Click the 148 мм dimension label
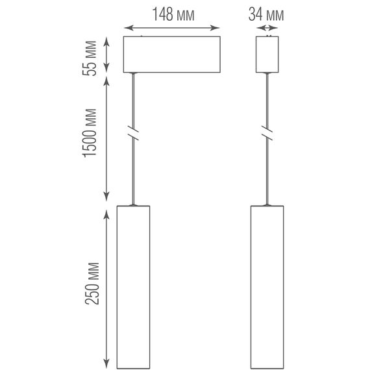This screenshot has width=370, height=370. click(x=173, y=14)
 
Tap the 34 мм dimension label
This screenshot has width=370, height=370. click(x=266, y=14)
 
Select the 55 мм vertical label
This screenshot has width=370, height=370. click(x=90, y=58)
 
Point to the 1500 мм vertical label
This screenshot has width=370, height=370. click(x=90, y=133)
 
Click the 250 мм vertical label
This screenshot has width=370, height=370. click(x=92, y=283)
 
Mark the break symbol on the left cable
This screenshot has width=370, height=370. click(x=133, y=133)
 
